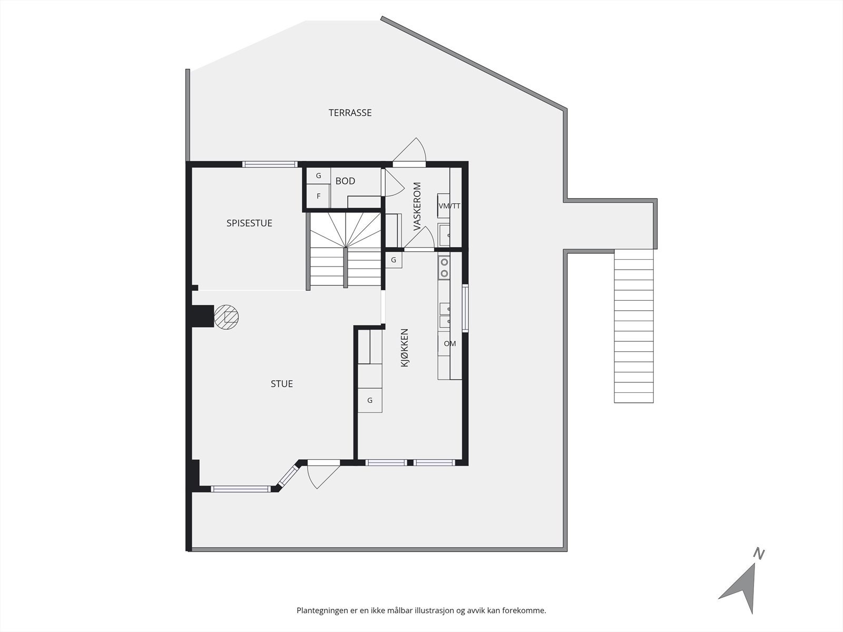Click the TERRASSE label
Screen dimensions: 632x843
click(x=350, y=113)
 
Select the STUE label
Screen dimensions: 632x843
click(x=281, y=384)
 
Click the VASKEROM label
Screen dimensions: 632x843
click(x=417, y=206)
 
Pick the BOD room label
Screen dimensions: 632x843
click(x=345, y=181)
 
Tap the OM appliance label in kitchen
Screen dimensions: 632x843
click(x=449, y=344)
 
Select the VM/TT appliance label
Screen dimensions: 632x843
click(x=449, y=206)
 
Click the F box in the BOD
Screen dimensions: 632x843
click(x=318, y=196)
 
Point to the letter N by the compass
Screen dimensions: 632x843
click(x=759, y=554)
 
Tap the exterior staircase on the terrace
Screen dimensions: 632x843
click(x=634, y=327)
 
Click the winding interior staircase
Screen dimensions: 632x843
click(x=345, y=248)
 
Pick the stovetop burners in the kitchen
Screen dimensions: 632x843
click(x=444, y=267)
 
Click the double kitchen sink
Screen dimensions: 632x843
click(x=445, y=314)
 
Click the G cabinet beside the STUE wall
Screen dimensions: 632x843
click(x=370, y=400)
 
